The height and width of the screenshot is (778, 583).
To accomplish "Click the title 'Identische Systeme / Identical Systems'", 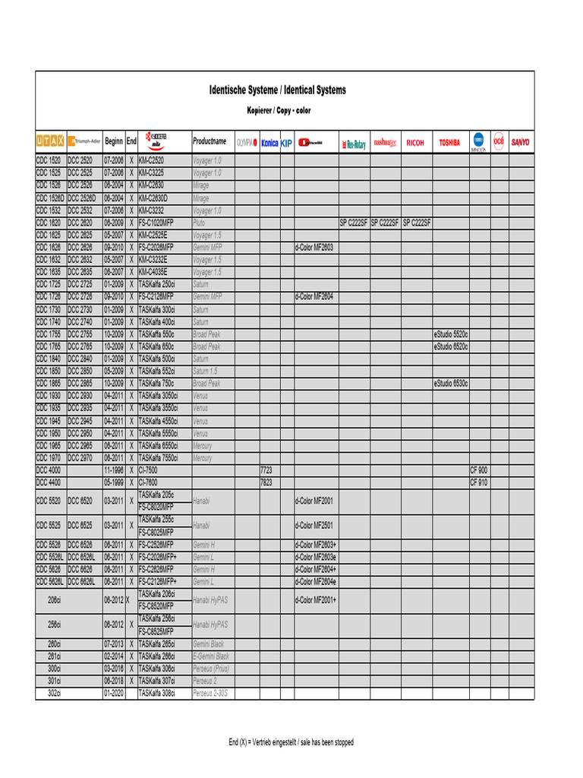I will coord(277,90).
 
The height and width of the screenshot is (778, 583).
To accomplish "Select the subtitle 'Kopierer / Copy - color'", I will coord(279,111).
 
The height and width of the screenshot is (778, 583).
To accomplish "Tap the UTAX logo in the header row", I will coord(50,141).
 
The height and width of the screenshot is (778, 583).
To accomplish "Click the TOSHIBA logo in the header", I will coord(449,142).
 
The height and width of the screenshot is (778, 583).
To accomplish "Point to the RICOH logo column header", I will coord(415,142).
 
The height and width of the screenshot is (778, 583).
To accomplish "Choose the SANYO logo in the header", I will coord(521,141).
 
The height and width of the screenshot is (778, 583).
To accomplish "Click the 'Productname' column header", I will coord(210,141).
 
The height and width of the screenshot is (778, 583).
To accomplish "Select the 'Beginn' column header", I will coord(114,141).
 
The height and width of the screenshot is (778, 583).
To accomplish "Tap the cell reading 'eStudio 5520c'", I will coord(451,334).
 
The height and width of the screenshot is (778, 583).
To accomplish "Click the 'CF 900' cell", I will coord(479,470).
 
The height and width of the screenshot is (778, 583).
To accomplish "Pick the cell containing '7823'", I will coord(266,482).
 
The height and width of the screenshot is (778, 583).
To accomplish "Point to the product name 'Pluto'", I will coord(200,223).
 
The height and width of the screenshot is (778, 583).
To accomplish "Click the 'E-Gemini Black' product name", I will coord(211,656).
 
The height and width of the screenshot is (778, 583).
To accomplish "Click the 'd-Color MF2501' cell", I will coord(314,525).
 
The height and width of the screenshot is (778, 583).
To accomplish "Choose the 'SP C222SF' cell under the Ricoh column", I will coord(416,223).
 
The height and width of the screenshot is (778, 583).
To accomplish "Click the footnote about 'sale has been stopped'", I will coord(291,742).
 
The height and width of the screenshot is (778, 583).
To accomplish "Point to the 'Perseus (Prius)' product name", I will coord(212,668).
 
